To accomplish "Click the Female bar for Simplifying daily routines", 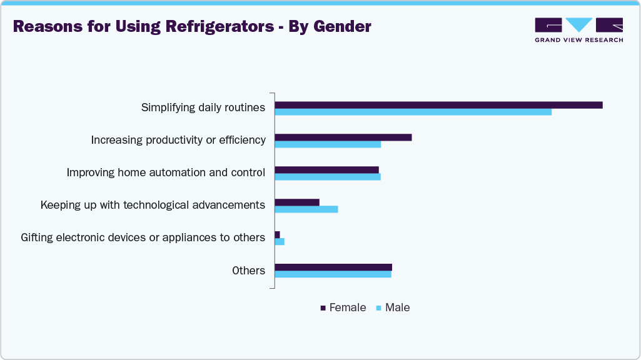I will pos(438,105).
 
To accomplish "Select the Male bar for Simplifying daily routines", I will pos(413,112).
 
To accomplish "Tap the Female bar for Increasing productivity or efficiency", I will pos(343,137).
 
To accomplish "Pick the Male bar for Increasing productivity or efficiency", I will pos(328,144).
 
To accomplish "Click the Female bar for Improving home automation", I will pos(326,169).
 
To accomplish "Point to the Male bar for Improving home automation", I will pos(328,177).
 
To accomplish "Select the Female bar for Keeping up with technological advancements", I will pos(297,202).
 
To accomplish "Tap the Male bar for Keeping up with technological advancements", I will pos(306,209).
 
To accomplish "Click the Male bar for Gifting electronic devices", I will pos(280,241).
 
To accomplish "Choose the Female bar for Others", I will pos(333,267).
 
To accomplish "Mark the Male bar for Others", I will pos(333,274).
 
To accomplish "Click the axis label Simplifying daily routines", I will pos(203,107).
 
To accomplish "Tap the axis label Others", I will pos(248,271).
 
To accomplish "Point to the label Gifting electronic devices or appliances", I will pos(143,237).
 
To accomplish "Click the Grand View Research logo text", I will pos(578,40).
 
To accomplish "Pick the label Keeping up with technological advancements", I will pos(153,205).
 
